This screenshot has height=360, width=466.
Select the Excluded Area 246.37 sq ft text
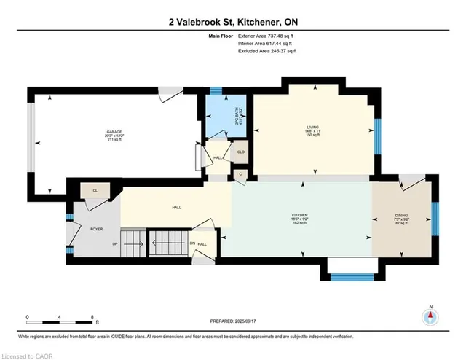(266, 51)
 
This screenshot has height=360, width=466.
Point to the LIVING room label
(313, 130)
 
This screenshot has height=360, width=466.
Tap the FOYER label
(97, 229)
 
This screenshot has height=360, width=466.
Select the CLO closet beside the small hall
(240, 154)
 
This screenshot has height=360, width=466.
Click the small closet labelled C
(240, 174)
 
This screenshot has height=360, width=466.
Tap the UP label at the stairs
(114, 244)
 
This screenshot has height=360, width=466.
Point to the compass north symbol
(430, 316)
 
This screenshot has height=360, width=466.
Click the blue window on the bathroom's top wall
(216, 90)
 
